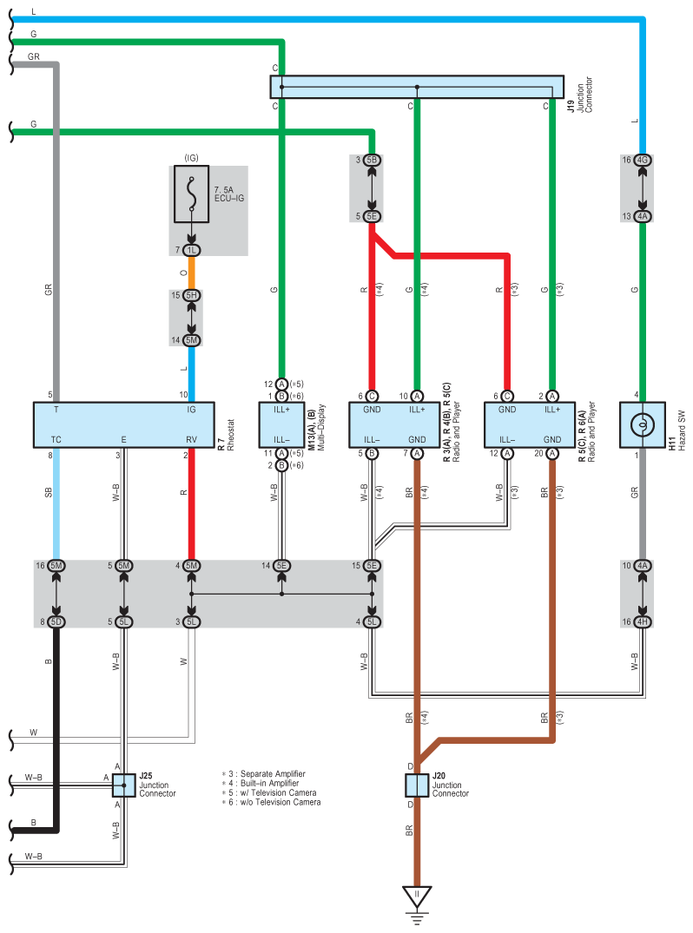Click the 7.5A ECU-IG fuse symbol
click(x=191, y=194)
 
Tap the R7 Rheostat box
click(x=124, y=425)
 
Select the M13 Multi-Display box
click(x=281, y=425)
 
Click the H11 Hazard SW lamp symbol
click(x=643, y=425)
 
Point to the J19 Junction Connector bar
click(x=417, y=87)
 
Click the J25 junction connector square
click(x=124, y=785)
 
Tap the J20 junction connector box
click(x=417, y=785)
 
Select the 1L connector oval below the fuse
click(x=191, y=251)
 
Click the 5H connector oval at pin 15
click(x=191, y=295)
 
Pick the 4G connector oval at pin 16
click(x=643, y=160)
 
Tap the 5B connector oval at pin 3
click(x=372, y=160)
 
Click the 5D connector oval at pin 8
click(x=56, y=621)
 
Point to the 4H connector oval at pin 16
click(x=643, y=621)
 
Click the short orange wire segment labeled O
click(x=191, y=273)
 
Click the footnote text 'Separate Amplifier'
click(x=273, y=773)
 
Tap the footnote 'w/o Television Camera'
click(x=280, y=802)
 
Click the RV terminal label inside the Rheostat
click(x=191, y=440)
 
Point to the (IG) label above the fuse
click(x=191, y=158)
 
